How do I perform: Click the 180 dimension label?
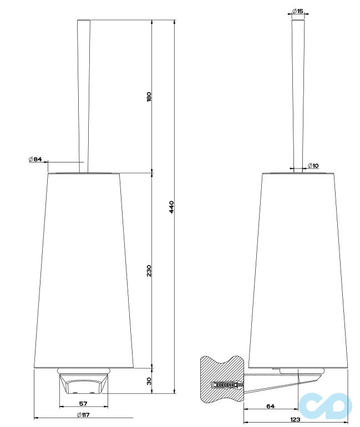(149, 97)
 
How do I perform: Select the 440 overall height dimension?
(171, 207)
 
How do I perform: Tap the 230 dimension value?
(149, 271)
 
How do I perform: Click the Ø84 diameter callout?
(36, 160)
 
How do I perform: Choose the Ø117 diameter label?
(83, 415)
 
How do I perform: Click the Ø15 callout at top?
(297, 11)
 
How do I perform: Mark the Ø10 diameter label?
(313, 166)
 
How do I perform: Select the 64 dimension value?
(270, 406)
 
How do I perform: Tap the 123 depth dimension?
(295, 419)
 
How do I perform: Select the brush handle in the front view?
(83, 94)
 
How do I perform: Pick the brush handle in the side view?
(298, 94)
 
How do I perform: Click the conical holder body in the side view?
(298, 266)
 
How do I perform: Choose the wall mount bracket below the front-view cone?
(83, 382)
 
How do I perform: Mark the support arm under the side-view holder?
(277, 383)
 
